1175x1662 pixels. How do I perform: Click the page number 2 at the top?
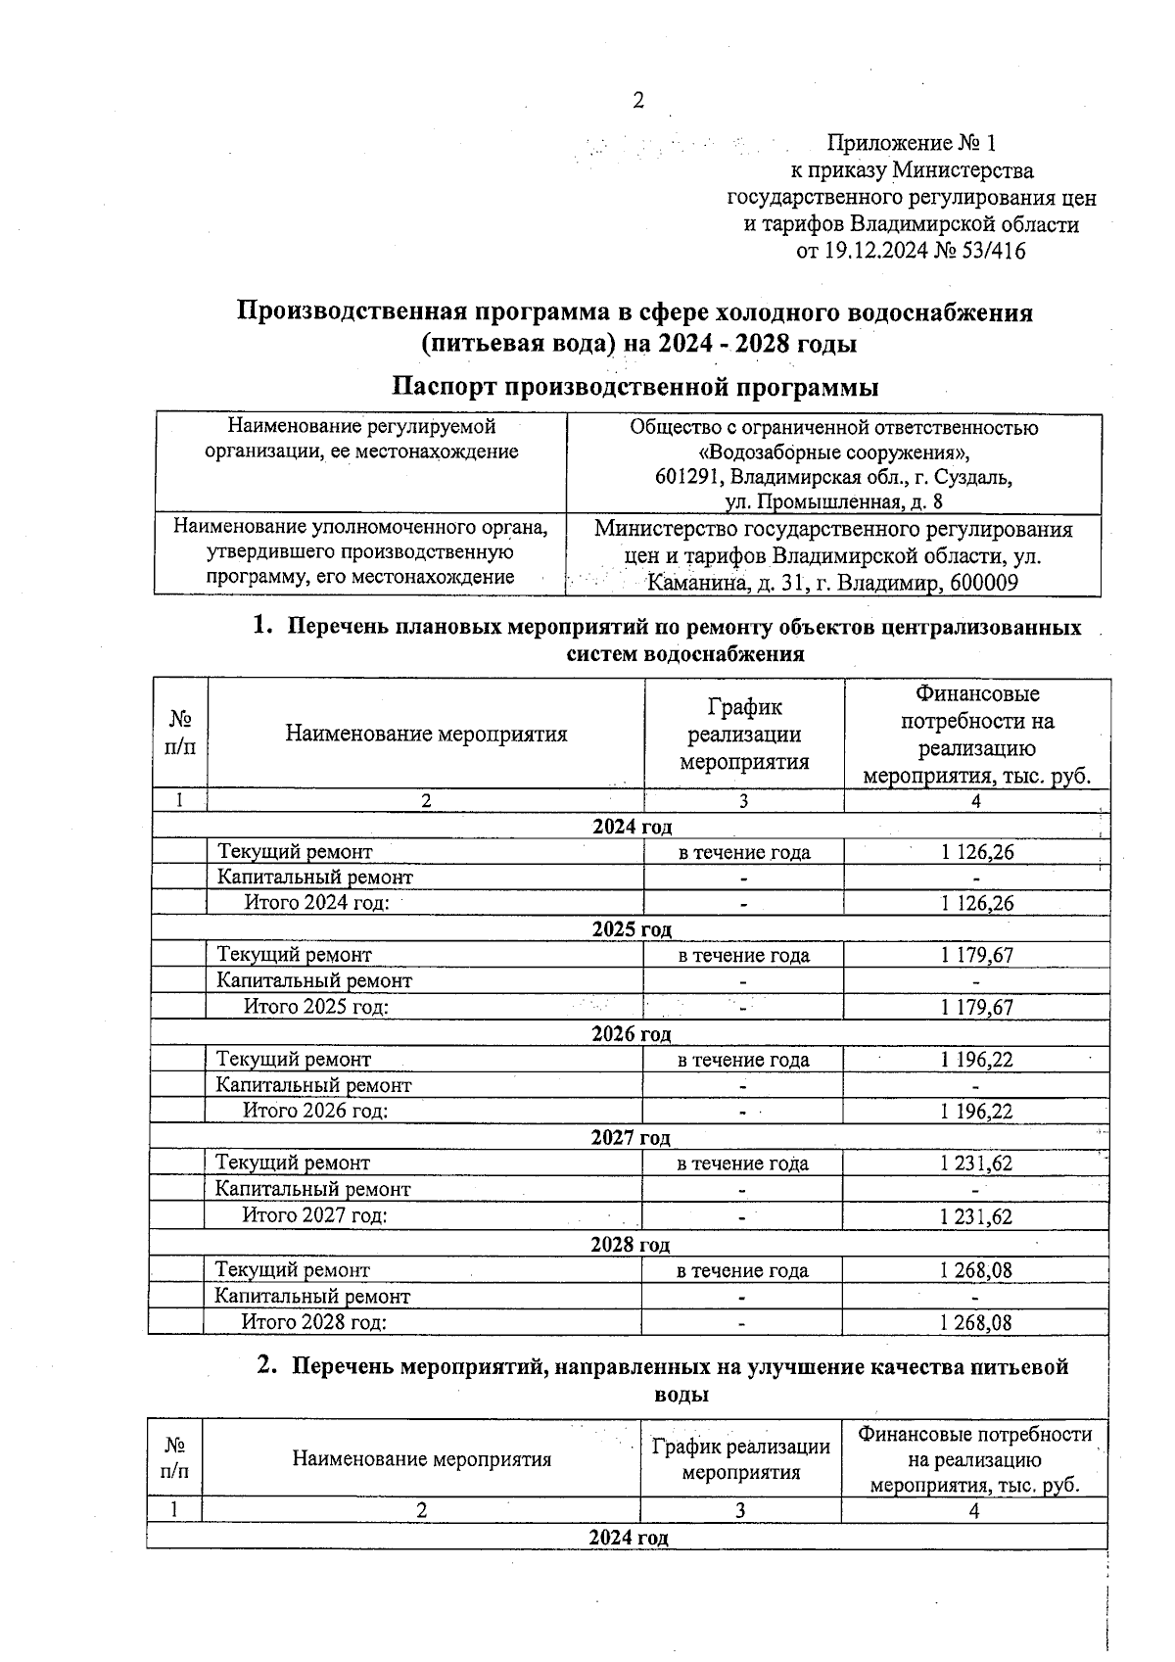tap(638, 100)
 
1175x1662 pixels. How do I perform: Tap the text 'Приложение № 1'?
tap(911, 144)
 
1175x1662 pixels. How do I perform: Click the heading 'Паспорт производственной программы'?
tap(634, 387)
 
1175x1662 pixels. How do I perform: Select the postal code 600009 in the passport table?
tap(982, 585)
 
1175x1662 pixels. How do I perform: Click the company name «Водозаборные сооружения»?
tap(833, 452)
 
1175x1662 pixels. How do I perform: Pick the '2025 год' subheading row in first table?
tap(632, 928)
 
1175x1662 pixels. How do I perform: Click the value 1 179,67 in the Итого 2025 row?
tap(976, 1007)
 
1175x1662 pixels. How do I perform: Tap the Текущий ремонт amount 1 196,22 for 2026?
tap(976, 1060)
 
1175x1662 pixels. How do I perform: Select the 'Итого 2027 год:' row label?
tap(314, 1215)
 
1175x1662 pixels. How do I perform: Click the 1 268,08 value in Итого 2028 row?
tap(975, 1322)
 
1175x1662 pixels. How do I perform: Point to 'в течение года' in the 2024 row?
tap(744, 852)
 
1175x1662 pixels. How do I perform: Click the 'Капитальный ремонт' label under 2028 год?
tap(312, 1296)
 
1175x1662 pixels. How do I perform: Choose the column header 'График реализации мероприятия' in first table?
tap(744, 734)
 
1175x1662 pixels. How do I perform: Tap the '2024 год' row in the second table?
tap(628, 1537)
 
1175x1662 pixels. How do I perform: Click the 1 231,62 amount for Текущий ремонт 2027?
tap(975, 1163)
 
